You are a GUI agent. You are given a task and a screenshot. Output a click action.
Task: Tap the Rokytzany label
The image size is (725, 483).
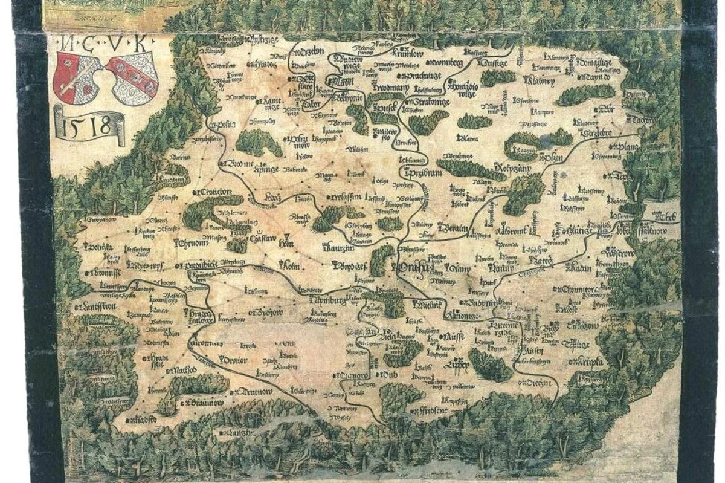click(511, 166)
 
